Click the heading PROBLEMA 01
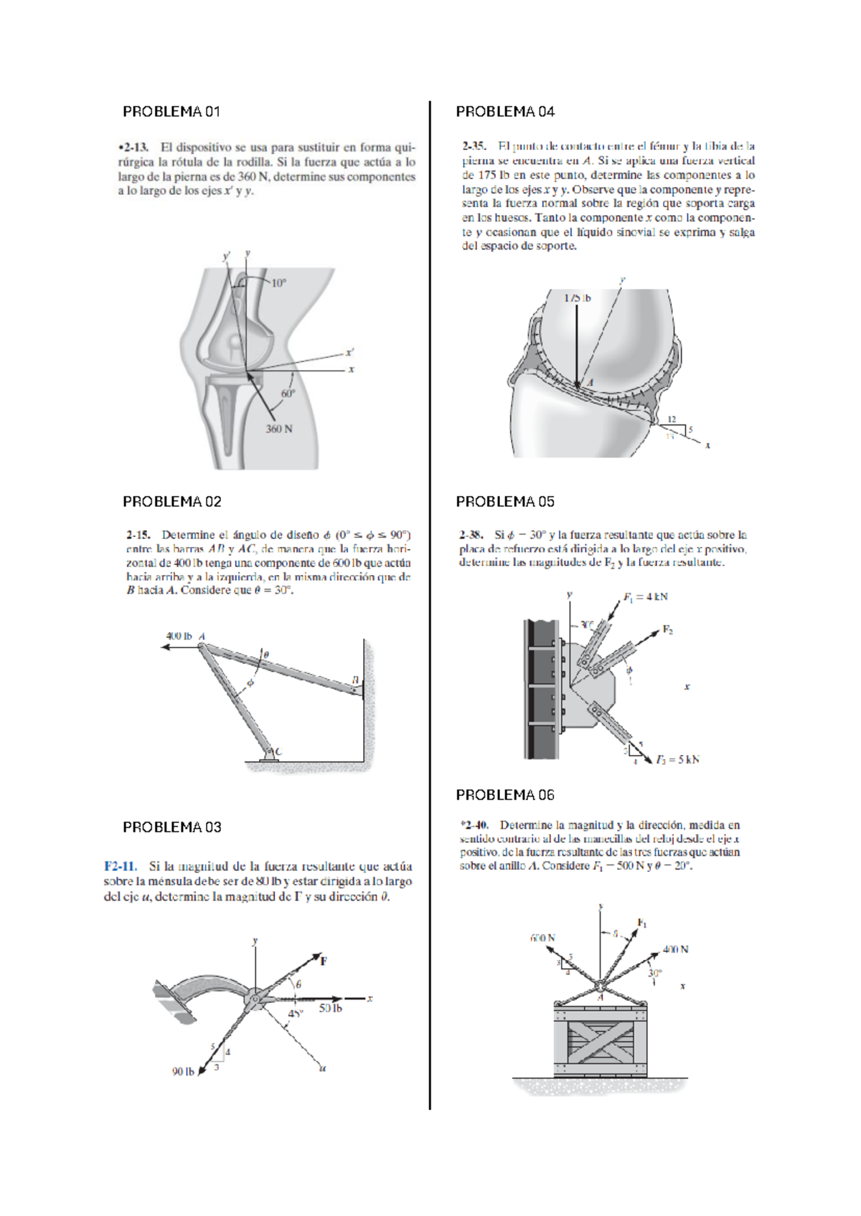coord(171,112)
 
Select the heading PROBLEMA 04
coord(505,112)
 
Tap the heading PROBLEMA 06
coord(505,795)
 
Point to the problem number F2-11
coord(121,867)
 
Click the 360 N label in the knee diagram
coord(279,429)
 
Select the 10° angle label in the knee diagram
coord(278,282)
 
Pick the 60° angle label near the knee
coord(288,394)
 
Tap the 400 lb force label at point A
coord(179,636)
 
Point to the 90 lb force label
coord(183,1072)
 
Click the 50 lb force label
coord(330,1008)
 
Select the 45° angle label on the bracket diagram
coord(296,1014)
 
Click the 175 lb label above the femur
coord(577,298)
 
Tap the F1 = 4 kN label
coord(645,597)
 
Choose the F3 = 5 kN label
coord(677,759)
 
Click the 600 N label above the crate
coord(542,938)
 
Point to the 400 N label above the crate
coord(675,949)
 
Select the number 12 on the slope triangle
coord(672,419)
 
